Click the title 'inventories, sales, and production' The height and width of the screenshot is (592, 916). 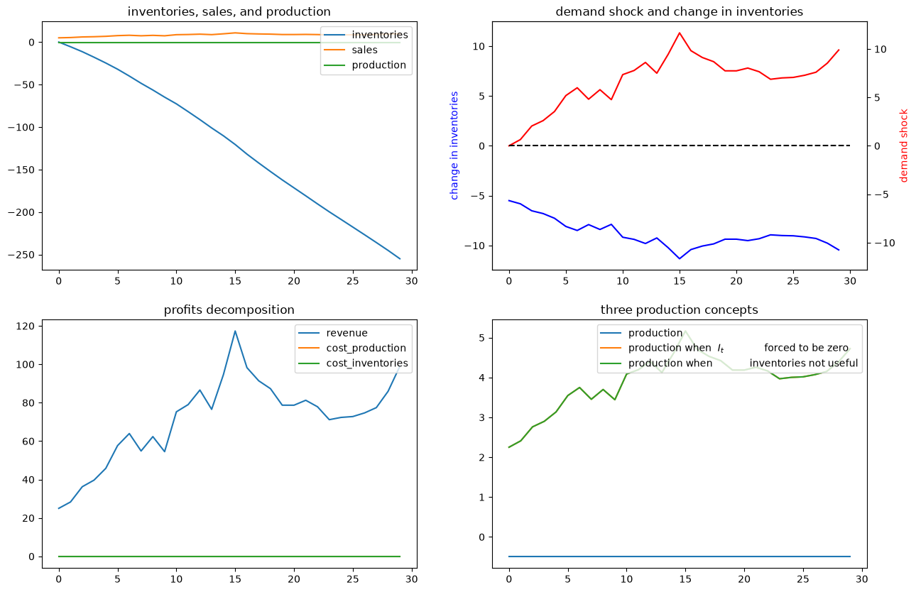[x=229, y=11]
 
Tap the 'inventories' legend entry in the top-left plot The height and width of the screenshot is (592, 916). [x=366, y=35]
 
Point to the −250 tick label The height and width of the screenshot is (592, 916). [x=25, y=255]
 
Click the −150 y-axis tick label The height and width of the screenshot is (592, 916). [x=25, y=170]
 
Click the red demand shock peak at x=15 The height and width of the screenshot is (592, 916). [x=680, y=33]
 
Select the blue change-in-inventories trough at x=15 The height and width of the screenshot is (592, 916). [x=680, y=258]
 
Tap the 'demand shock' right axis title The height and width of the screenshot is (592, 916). [x=903, y=146]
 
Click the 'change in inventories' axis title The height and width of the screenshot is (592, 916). [x=454, y=146]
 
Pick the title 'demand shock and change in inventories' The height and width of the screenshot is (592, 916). [x=680, y=11]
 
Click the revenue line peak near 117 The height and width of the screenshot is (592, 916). [x=235, y=331]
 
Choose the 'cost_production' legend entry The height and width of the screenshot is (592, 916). [x=352, y=348]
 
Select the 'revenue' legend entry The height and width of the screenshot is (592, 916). [x=333, y=333]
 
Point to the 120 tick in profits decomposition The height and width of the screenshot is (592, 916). [x=26, y=327]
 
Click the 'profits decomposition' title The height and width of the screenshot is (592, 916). [x=229, y=310]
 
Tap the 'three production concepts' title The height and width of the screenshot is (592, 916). [x=680, y=310]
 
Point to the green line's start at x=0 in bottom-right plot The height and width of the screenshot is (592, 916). [x=509, y=447]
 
